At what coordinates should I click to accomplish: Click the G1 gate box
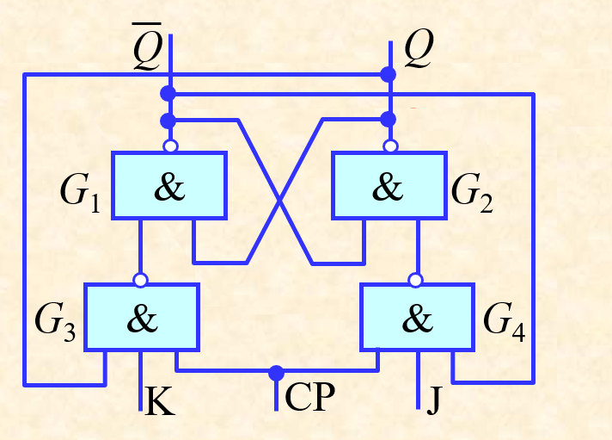pos(169,185)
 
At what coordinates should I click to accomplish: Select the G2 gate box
pos(389,185)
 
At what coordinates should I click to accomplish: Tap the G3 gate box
pos(142,317)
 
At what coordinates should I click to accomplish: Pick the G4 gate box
pos(417,317)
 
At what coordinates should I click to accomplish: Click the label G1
pos(80,193)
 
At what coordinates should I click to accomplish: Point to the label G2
pos(472,193)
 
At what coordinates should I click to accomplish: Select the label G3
pos(55,323)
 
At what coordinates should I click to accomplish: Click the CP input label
pos(310,397)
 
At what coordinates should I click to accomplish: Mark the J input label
pos(433,400)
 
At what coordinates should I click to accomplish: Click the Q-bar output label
pos(147,46)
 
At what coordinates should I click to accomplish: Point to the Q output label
pos(419,49)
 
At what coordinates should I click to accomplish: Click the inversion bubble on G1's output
pos(170,146)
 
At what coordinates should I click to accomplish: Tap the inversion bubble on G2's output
pos(390,146)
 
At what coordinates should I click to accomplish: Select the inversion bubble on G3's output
pos(140,280)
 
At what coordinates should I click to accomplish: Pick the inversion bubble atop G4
pos(415,280)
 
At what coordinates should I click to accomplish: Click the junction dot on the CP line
pos(276,373)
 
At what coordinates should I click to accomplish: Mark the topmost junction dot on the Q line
pos(389,74)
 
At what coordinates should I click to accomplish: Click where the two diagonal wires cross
pos(279,201)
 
